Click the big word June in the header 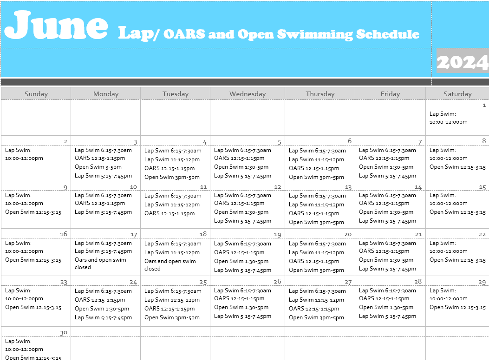click(56, 26)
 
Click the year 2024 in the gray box click(462, 61)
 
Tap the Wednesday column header click(248, 94)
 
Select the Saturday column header click(457, 94)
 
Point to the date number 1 click(484, 106)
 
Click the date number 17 click(134, 235)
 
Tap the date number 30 click(64, 332)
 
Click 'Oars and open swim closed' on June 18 click(170, 264)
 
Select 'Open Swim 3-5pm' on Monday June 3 click(98, 167)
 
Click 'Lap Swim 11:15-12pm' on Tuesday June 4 click(172, 159)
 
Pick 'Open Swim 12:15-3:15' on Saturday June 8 click(457, 167)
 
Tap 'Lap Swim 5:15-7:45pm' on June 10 click(103, 212)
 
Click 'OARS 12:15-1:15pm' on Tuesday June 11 click(170, 213)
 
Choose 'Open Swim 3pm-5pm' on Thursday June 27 click(316, 317)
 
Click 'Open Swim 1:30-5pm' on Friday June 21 click(386, 260)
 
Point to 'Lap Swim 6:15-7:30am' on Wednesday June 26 click(242, 290)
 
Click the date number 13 click(348, 187)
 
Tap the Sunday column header click(36, 94)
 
